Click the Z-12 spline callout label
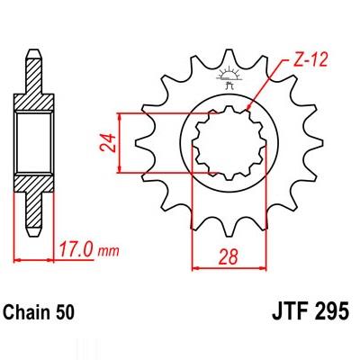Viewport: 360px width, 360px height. pos(309,60)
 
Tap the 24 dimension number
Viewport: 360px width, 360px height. pos(107,143)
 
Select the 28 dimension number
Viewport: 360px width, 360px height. pos(229,257)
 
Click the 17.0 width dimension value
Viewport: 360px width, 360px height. pos(75,249)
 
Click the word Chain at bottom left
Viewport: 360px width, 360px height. pos(27,312)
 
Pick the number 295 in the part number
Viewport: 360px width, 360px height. pos(333,311)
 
